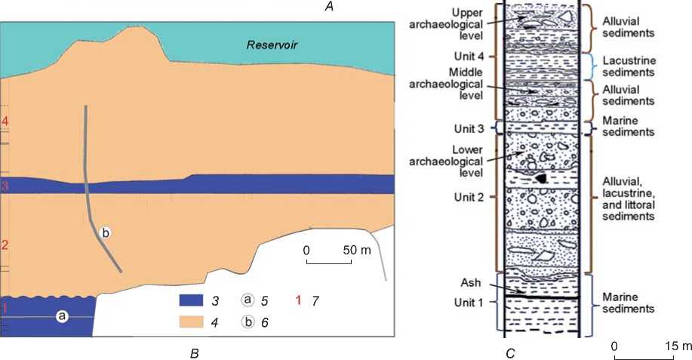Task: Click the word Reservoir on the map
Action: click(272, 45)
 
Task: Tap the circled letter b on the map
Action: click(106, 234)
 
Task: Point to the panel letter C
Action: click(510, 352)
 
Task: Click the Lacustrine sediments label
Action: click(623, 66)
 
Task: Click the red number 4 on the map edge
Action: click(5, 122)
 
